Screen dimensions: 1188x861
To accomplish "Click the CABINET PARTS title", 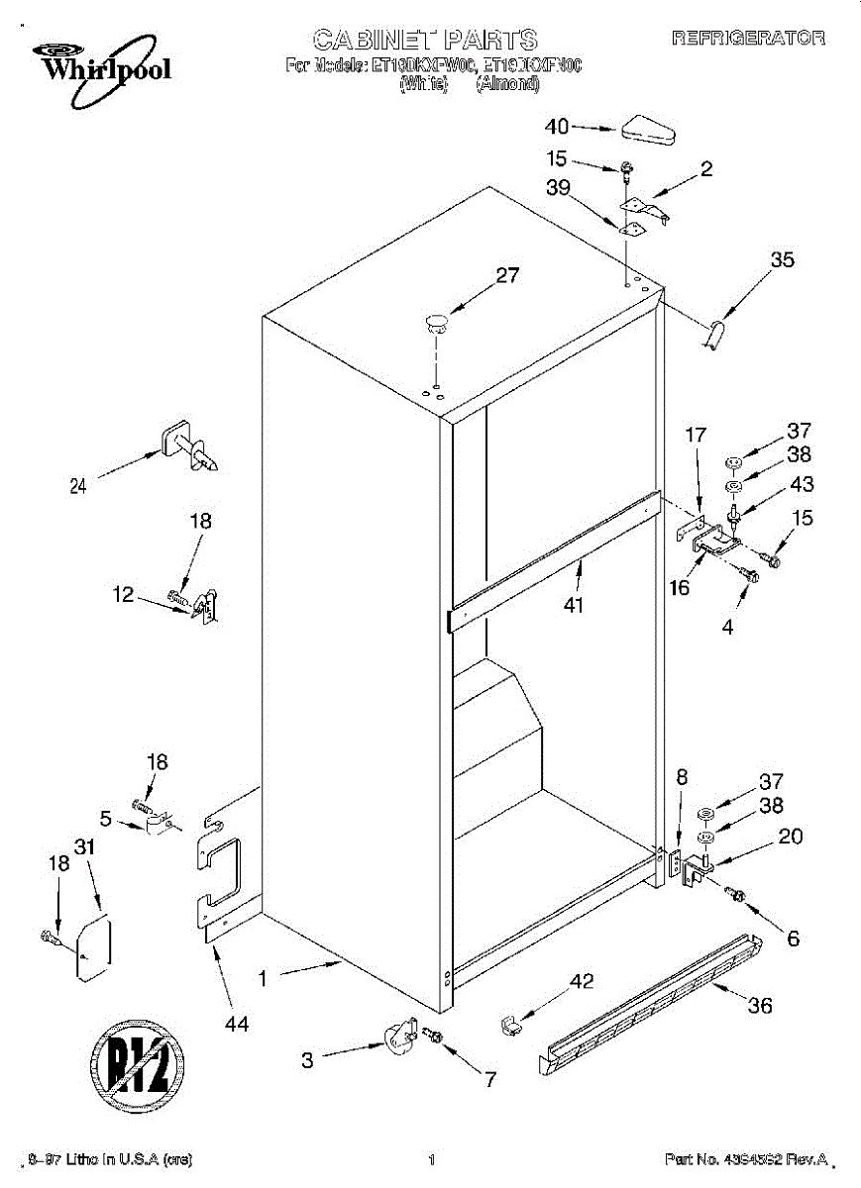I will tap(425, 41).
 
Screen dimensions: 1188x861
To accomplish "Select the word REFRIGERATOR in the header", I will tap(748, 39).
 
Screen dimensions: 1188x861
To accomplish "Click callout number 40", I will tap(557, 126).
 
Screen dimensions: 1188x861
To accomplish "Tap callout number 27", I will tap(507, 276).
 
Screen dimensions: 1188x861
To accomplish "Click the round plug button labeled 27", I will tap(437, 319).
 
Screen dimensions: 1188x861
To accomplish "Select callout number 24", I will tap(78, 485).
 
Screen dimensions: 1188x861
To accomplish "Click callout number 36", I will tap(759, 1007).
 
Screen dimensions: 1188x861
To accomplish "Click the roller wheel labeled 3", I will tap(399, 1036).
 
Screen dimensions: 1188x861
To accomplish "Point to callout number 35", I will tap(782, 260).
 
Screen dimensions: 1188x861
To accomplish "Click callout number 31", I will tap(86, 846).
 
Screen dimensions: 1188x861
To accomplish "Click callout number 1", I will tap(263, 978).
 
